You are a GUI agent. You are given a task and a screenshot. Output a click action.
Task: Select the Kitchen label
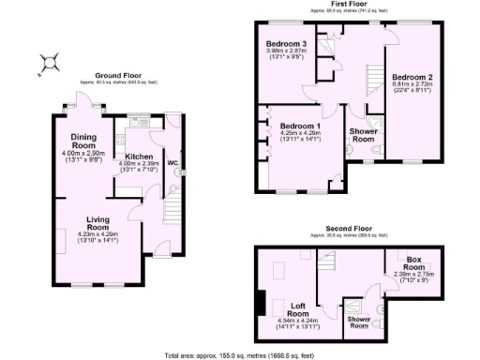[132, 157]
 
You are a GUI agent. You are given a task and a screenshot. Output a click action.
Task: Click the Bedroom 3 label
[286, 44]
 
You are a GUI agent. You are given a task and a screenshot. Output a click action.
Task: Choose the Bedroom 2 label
[412, 77]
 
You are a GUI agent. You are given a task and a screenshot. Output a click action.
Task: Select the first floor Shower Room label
[362, 137]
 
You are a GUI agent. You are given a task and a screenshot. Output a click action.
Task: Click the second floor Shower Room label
[360, 322]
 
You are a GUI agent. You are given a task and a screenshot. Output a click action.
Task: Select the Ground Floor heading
[118, 75]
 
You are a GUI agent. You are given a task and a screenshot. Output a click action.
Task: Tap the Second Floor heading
[349, 228]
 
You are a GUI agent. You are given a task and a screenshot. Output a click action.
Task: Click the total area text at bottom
[239, 354]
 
